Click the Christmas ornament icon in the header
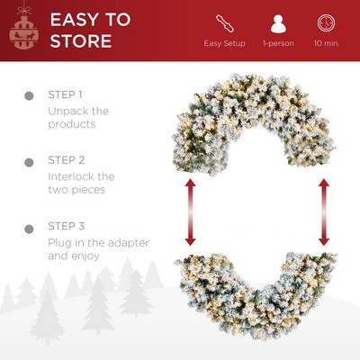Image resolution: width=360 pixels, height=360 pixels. [x=26, y=31]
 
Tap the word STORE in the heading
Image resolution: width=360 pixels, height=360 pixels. [x=80, y=40]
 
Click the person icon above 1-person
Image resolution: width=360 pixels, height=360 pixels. [x=278, y=22]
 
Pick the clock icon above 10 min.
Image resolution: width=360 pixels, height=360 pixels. [x=327, y=22]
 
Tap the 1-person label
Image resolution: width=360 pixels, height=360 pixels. [x=277, y=43]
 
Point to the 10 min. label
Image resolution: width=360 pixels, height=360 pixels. [x=327, y=43]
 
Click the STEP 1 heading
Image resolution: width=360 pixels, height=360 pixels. [x=66, y=94]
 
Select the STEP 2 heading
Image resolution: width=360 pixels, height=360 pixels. [x=66, y=160]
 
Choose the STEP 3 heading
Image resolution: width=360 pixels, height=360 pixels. [x=66, y=227]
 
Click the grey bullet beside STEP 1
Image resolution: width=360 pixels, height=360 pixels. [x=22, y=94]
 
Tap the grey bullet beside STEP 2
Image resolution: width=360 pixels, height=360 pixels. [x=22, y=160]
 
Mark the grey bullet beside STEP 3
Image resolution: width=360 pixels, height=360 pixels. [x=22, y=227]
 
